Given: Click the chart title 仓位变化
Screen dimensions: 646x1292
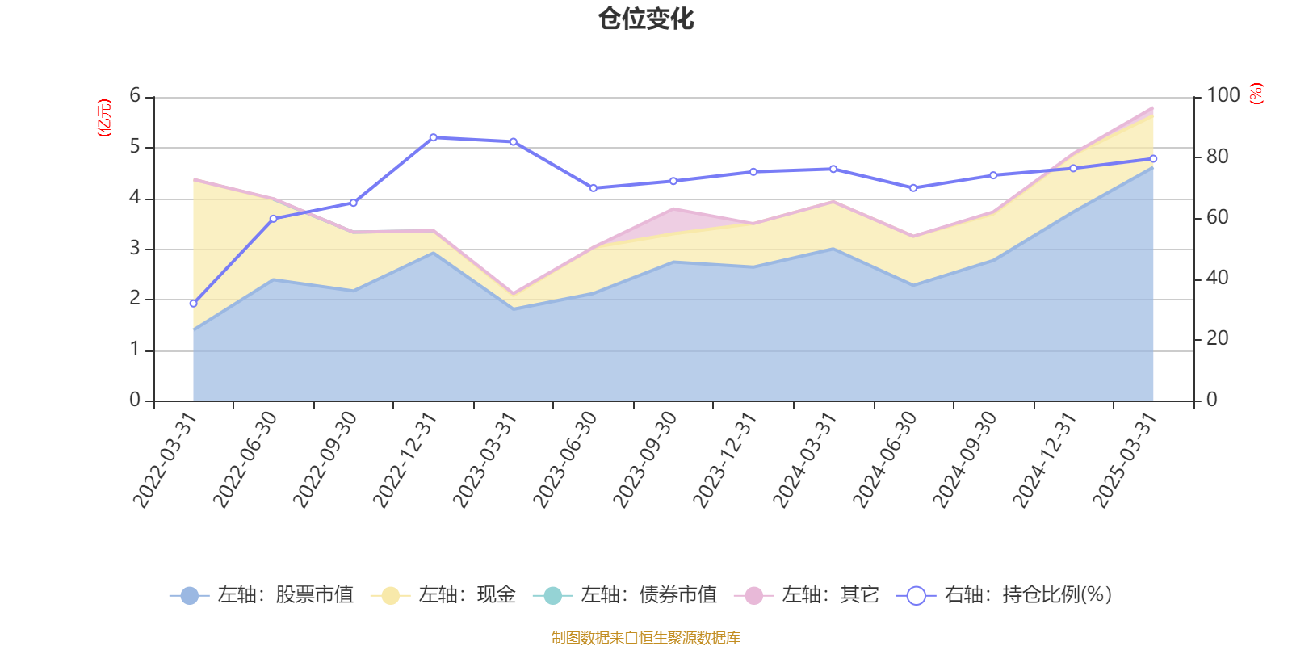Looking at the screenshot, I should pos(646,19).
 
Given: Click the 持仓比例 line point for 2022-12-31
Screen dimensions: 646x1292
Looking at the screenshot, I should pos(434,137).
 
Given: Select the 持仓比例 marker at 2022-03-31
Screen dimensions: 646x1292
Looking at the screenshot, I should pos(193,304).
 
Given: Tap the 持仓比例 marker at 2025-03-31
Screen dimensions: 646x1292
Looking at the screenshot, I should pos(1153,159).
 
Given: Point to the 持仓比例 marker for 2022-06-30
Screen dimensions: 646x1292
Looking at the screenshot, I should pos(273,219).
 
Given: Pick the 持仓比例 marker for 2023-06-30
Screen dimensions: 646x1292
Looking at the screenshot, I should pos(594,188).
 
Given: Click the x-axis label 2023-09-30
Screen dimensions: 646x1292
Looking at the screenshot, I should pos(646,459).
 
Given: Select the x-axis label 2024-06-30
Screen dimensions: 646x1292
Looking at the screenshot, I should pos(886,459).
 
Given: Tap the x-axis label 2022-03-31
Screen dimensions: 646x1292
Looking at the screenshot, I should pos(166,459).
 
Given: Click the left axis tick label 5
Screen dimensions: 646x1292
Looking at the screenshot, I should pos(135,147).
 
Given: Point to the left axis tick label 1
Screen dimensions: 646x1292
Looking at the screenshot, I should pos(135,350).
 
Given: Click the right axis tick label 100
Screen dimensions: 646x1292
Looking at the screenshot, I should pos(1223,95).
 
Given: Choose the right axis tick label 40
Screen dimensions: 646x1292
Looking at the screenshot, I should pos(1218,278).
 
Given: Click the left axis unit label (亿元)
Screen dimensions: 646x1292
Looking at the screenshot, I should pos(104,118).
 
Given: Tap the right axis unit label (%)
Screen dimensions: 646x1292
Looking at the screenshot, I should pos(1256,94).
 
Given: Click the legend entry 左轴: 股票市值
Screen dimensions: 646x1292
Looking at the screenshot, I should pos(262,595).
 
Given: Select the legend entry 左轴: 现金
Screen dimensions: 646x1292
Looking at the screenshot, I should pos(443,595).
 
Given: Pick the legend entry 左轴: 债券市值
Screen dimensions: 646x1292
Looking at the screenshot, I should pos(625,595).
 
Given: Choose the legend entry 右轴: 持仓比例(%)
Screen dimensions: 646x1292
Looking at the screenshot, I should pos(1005,595).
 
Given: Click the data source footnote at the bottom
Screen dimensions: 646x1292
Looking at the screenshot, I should pos(646,638).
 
